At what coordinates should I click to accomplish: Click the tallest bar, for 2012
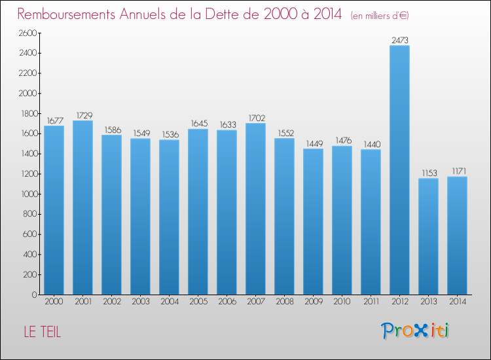[x=399, y=170]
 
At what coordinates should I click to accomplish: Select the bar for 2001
[x=82, y=207]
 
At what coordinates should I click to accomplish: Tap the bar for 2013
[x=428, y=236]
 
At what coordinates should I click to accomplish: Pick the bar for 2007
[x=255, y=209]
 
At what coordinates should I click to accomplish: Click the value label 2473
[x=400, y=40]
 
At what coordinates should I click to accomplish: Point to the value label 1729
[x=83, y=115]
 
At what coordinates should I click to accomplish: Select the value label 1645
[x=198, y=124]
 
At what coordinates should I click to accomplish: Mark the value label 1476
[x=342, y=141]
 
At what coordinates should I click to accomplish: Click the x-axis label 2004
[x=169, y=302]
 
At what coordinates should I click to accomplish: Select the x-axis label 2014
[x=457, y=302]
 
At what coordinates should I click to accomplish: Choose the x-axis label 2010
[x=342, y=302]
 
